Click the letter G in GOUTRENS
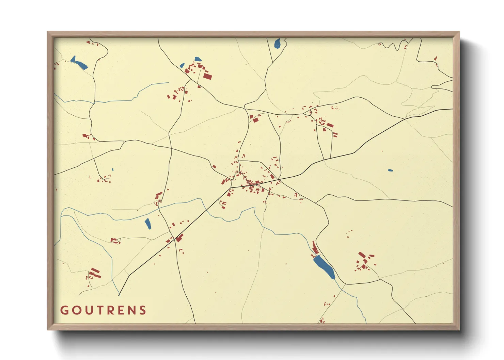tap(64, 310)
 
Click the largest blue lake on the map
tap(324, 267)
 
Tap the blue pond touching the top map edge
tap(277, 43)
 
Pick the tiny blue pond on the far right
tap(390, 170)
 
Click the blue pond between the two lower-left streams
tap(148, 224)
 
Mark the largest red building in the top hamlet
tap(207, 76)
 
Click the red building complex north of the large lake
tap(315, 248)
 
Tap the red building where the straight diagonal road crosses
tap(179, 238)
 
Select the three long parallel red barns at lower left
tap(95, 273)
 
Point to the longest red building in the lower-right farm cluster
tap(362, 255)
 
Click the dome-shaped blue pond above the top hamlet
tap(198, 59)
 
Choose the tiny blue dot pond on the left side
tap(113, 169)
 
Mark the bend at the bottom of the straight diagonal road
tap(129, 276)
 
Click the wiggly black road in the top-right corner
tap(392, 46)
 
